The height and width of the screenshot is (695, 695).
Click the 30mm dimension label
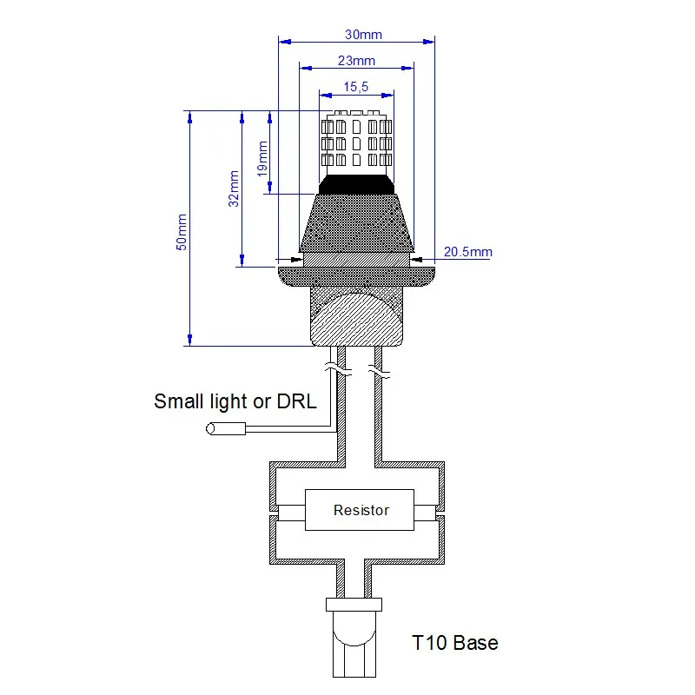[x=363, y=35]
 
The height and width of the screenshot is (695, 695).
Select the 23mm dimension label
[x=356, y=61]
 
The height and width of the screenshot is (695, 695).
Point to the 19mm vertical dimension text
[x=261, y=159]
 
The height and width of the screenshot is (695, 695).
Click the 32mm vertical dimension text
[x=233, y=188]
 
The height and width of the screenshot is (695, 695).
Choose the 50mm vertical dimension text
[x=182, y=232]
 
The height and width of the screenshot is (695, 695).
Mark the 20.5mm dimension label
[x=467, y=252]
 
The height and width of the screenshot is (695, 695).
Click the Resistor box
[x=361, y=510]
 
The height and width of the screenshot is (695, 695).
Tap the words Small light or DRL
[x=235, y=401]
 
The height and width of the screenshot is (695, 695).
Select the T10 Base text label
[x=454, y=643]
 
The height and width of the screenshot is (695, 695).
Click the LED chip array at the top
[x=356, y=140]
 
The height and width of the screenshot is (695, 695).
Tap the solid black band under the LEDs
[x=356, y=183]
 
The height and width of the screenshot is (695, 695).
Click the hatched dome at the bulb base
[x=356, y=321]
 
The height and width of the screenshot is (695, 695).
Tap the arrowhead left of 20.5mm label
[x=417, y=257]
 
